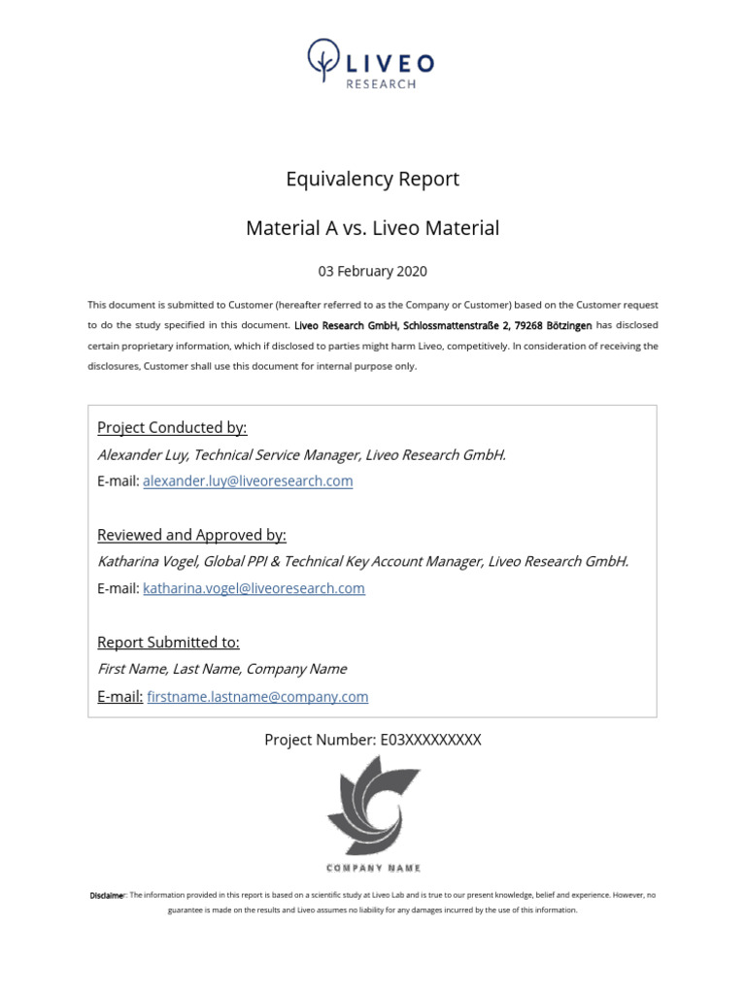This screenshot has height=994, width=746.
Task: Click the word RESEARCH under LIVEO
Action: click(x=381, y=84)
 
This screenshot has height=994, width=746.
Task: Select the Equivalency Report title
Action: click(x=372, y=180)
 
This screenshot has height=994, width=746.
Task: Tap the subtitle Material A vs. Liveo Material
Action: click(x=372, y=229)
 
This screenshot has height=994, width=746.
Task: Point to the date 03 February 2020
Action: click(x=372, y=272)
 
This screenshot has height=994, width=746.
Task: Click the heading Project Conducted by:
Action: click(x=172, y=428)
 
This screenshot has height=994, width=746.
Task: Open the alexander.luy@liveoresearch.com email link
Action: click(x=248, y=481)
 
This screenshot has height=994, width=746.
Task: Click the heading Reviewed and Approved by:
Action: click(x=192, y=535)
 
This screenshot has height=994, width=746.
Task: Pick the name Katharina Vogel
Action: click(x=144, y=561)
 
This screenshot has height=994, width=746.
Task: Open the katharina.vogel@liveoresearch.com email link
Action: click(x=254, y=588)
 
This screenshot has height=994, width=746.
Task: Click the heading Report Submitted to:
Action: click(x=168, y=643)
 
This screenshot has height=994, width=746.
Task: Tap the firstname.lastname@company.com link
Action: click(x=257, y=697)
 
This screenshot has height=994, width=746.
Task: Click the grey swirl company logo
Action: click(x=373, y=806)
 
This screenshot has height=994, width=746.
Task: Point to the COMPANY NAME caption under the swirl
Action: click(x=373, y=868)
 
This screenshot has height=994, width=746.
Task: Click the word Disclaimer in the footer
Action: click(x=107, y=895)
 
